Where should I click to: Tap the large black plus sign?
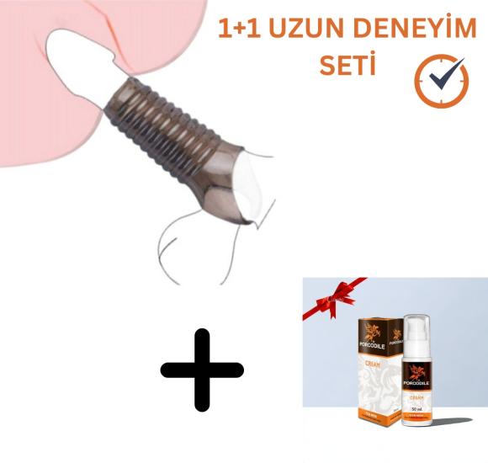(x=202, y=370)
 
